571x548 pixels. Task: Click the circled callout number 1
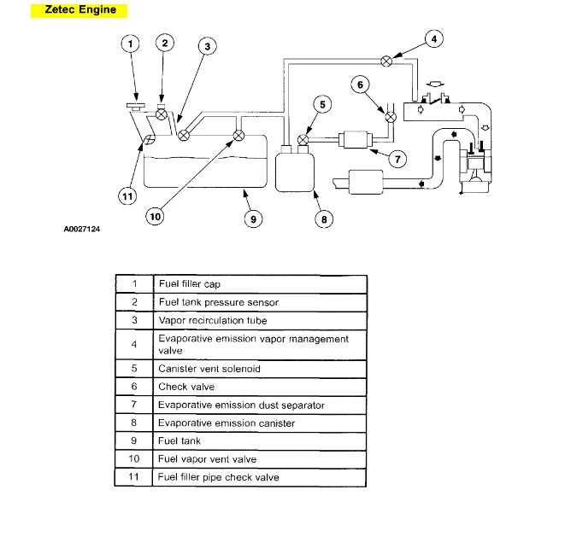coord(130,44)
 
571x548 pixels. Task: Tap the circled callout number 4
coord(433,38)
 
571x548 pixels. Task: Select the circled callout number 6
coord(360,85)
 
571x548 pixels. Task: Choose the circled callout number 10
coord(155,217)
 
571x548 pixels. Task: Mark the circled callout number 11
coord(127,196)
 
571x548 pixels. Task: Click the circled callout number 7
coord(396,158)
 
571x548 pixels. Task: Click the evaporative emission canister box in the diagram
coord(294,171)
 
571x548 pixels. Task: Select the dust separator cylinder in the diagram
coord(352,139)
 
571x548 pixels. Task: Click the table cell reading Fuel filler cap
coord(190,283)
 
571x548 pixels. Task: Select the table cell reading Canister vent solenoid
coord(209,369)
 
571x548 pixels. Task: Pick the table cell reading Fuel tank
coord(180,440)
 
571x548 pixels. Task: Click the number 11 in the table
coord(134,476)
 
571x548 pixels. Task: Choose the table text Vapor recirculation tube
coord(213,320)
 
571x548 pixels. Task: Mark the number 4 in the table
coord(134,344)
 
